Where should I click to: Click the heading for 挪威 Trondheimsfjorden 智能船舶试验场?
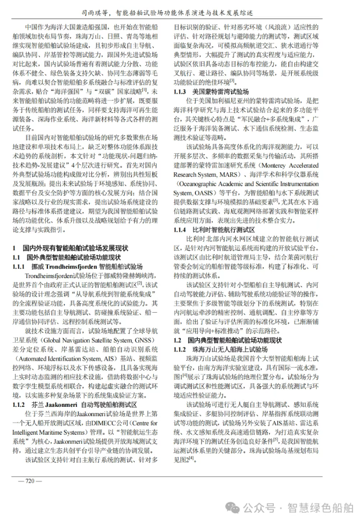click(84, 266)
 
